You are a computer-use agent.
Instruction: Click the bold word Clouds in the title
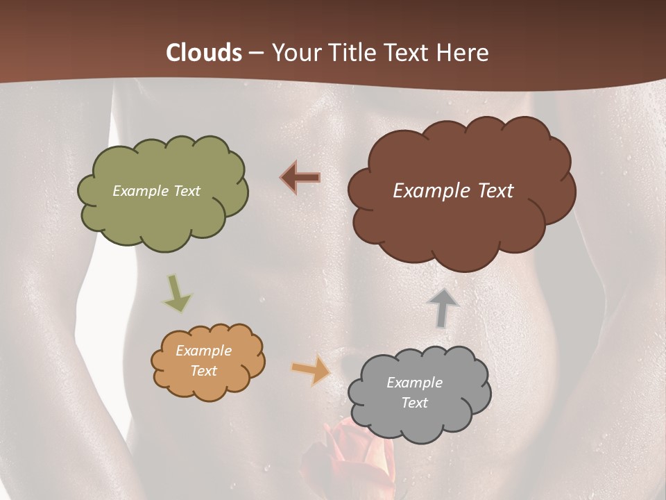tap(204, 53)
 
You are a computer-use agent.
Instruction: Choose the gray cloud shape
tap(420, 424)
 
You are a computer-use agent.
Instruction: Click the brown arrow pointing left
tap(301, 177)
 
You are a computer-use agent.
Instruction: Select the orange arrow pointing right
tap(311, 369)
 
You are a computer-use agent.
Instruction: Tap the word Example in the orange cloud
tap(203, 351)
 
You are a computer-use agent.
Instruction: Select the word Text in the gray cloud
tap(414, 403)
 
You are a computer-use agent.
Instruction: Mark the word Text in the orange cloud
tap(203, 371)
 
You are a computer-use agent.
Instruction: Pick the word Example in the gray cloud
tap(414, 383)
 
